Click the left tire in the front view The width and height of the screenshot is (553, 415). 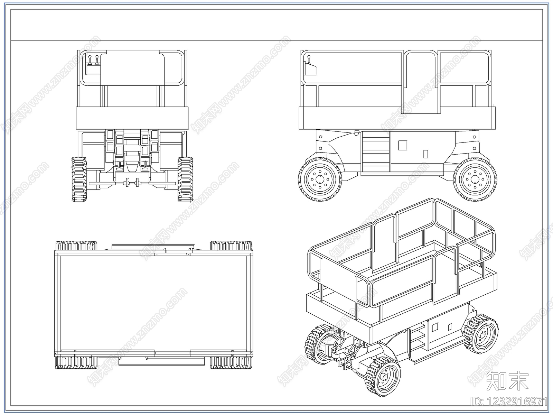tap(79, 179)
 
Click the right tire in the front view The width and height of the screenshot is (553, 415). tap(185, 179)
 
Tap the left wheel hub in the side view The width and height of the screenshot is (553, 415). tap(320, 179)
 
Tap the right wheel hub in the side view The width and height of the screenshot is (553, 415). tap(475, 179)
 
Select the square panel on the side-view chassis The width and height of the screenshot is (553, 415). tap(403, 145)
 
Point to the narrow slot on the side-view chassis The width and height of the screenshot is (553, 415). tap(426, 154)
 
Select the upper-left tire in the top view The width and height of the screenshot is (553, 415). tap(76, 246)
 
